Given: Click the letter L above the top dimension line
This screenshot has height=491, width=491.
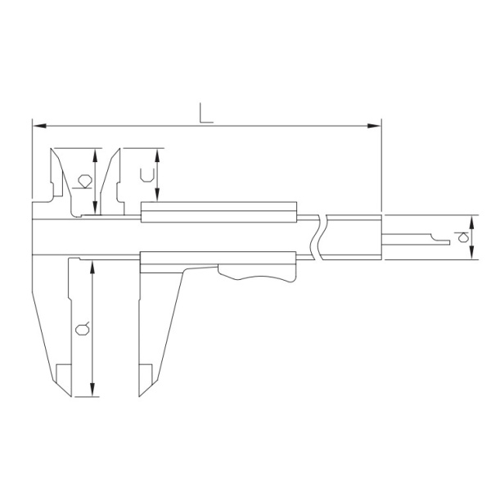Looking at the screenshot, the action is [x=206, y=113].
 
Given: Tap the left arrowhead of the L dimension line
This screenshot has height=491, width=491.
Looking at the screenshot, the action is [x=39, y=126].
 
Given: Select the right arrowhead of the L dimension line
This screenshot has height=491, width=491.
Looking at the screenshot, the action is [x=374, y=126].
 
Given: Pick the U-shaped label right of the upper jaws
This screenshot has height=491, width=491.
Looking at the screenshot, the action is [x=147, y=175].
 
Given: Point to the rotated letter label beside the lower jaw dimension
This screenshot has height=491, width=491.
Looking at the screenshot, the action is [x=83, y=329].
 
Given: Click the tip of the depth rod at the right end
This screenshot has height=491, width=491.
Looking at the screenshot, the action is [x=449, y=242].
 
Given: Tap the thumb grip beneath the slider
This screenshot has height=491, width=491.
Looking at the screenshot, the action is [x=257, y=274].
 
